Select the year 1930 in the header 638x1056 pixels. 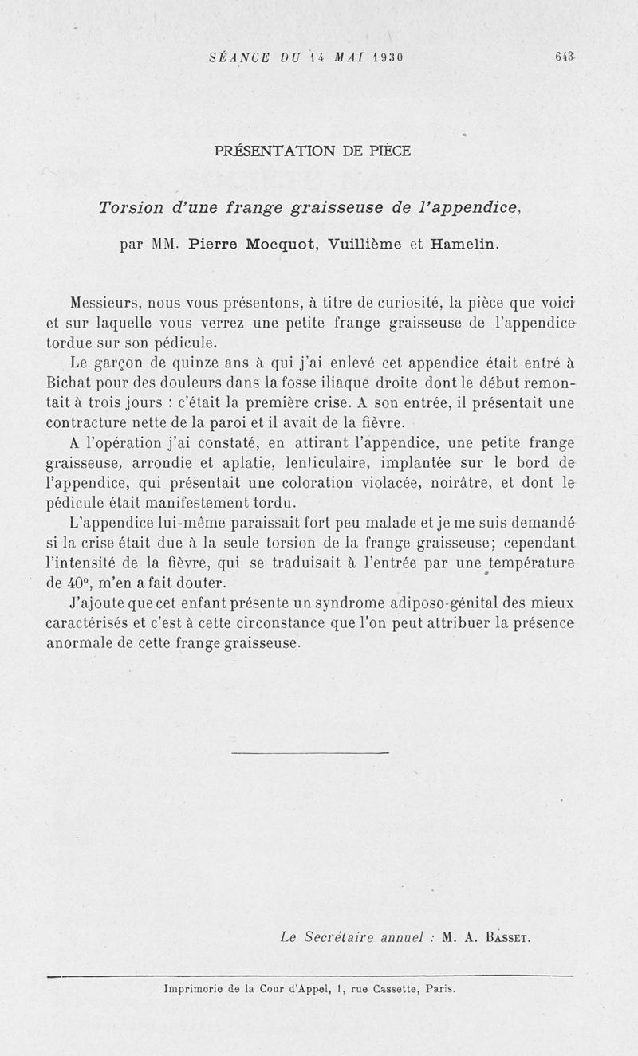click(x=387, y=57)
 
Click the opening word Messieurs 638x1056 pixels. click(x=106, y=303)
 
